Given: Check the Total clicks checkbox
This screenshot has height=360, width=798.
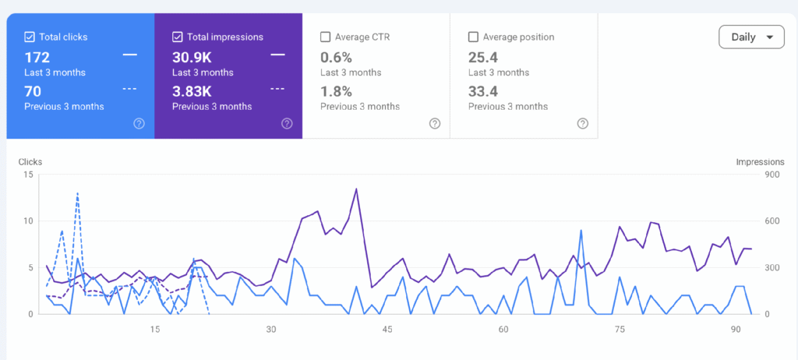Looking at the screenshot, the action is click(29, 37).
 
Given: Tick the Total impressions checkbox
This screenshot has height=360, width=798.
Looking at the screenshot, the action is click(177, 37).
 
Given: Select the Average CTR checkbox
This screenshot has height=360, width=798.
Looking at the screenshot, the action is click(325, 37).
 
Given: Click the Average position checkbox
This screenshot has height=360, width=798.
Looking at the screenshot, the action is click(473, 37).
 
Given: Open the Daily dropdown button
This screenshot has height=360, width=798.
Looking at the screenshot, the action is click(751, 37).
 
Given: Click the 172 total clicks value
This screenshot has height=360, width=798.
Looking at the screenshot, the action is click(37, 57).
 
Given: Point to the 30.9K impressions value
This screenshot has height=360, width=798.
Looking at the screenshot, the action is click(192, 57).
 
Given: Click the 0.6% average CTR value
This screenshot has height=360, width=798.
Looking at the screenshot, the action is click(336, 57).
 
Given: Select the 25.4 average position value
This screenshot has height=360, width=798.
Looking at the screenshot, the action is click(483, 57).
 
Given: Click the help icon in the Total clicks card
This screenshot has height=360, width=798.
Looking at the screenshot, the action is click(139, 124).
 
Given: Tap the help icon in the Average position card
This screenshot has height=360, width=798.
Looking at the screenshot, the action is click(583, 124).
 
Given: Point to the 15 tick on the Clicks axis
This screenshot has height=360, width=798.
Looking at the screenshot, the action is click(29, 175).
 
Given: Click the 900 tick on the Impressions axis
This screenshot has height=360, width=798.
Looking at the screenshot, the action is click(772, 175).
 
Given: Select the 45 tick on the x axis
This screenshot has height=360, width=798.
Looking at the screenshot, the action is click(387, 330).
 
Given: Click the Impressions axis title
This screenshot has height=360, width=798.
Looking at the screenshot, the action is click(760, 162).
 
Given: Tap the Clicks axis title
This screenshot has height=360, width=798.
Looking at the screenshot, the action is click(30, 162).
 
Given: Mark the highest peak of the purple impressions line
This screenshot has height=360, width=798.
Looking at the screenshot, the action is click(356, 189).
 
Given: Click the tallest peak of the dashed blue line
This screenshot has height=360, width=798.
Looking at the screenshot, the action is click(77, 193).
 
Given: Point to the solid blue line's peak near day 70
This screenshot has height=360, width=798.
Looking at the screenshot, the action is click(581, 230).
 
